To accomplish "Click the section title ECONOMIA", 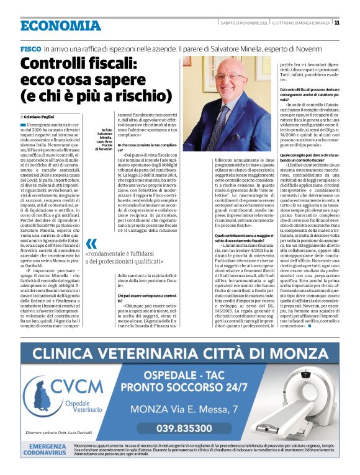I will pos(60,25).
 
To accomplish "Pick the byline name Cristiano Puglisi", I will pos(45,117).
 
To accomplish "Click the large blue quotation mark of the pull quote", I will pos(91,244).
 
